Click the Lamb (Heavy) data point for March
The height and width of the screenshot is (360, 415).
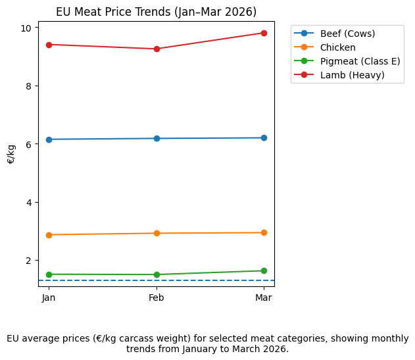(x=264, y=33)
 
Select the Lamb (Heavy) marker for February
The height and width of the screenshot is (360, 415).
(x=157, y=49)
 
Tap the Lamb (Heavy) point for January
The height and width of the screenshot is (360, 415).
(x=49, y=45)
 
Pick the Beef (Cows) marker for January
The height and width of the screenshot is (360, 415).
(x=49, y=140)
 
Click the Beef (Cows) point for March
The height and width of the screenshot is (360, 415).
(x=264, y=138)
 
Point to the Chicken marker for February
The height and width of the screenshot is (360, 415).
(x=157, y=233)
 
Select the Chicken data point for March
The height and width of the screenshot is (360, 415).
(x=264, y=232)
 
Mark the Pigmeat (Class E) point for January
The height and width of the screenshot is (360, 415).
(x=49, y=274)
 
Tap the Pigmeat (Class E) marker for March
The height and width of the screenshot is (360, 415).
(x=264, y=270)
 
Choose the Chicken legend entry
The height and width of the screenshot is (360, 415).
(x=338, y=47)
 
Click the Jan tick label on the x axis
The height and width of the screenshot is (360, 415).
(x=49, y=298)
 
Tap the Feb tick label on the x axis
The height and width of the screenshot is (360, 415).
(x=157, y=298)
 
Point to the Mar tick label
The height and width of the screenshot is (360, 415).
(x=264, y=298)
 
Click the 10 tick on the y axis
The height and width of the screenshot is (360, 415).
(x=27, y=28)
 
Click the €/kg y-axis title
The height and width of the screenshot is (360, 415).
(x=11, y=154)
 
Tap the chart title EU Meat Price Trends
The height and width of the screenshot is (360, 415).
(x=156, y=12)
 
